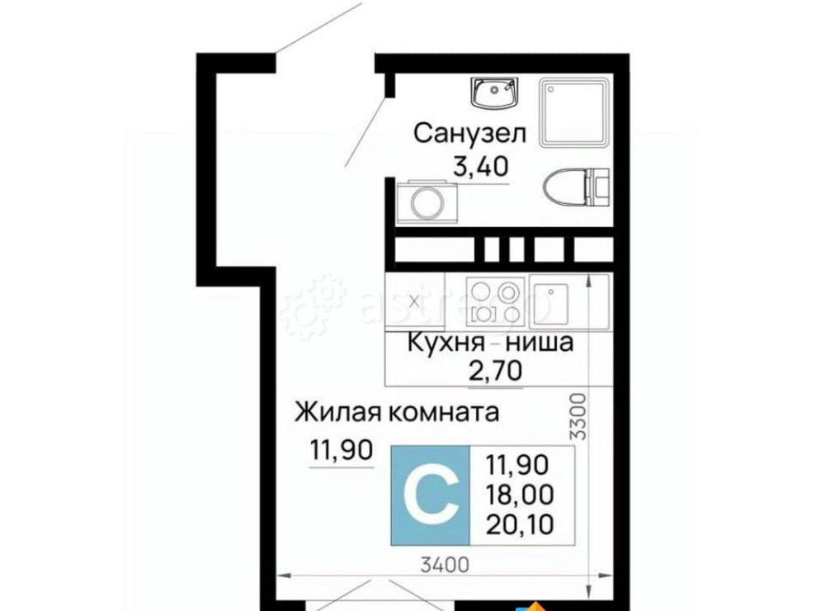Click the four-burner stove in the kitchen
(x=496, y=299)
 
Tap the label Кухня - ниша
(x=490, y=341)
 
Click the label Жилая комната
(x=398, y=411)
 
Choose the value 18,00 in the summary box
(x=521, y=494)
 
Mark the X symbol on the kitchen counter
(x=414, y=299)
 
